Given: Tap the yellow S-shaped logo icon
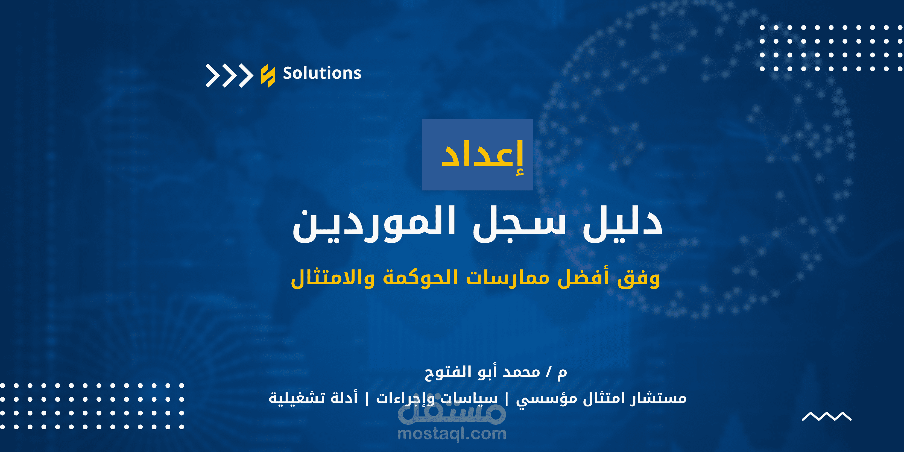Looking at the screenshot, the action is coord(268,75).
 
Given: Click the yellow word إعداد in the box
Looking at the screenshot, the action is coord(482,156).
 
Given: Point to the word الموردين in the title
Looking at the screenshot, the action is coord(374,225).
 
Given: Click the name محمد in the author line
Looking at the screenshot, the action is coord(522,372).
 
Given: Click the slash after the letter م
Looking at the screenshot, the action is coord(549,372).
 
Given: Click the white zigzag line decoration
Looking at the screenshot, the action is coord(826,416).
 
